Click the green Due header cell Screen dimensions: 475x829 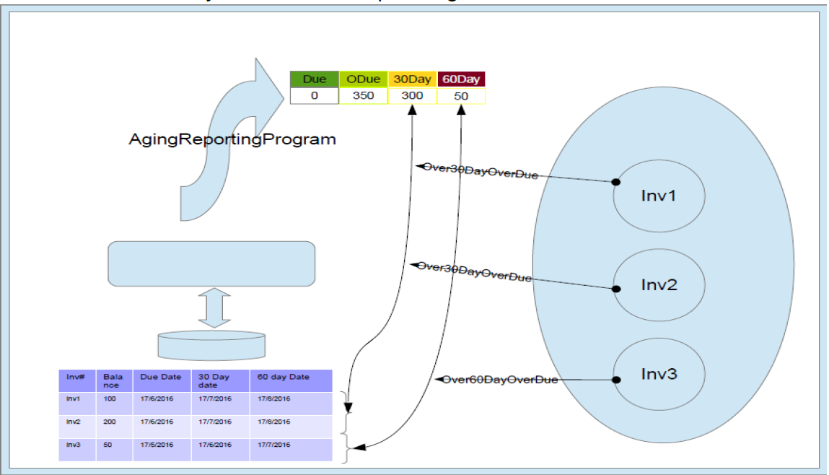click(x=314, y=79)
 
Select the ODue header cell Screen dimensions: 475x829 click(x=363, y=79)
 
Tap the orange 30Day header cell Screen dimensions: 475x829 click(x=413, y=79)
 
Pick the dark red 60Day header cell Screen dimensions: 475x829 click(x=462, y=79)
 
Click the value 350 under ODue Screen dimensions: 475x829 click(x=363, y=95)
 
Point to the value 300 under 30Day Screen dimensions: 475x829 click(x=413, y=95)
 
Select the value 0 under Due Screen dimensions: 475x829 click(x=314, y=95)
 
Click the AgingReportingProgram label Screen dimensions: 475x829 click(x=232, y=139)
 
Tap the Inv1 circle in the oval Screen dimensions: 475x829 click(x=659, y=196)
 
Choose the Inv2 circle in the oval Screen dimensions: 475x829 click(x=659, y=284)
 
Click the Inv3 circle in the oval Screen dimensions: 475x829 click(x=659, y=374)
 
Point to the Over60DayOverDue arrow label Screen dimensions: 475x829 click(x=499, y=380)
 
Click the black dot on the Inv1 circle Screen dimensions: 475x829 click(x=615, y=182)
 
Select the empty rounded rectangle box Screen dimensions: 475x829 click(x=211, y=263)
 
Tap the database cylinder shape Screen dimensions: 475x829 click(x=211, y=346)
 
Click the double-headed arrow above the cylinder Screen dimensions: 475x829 click(x=214, y=308)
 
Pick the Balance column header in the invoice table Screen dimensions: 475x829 click(x=113, y=381)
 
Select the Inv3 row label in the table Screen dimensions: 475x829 click(x=73, y=445)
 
